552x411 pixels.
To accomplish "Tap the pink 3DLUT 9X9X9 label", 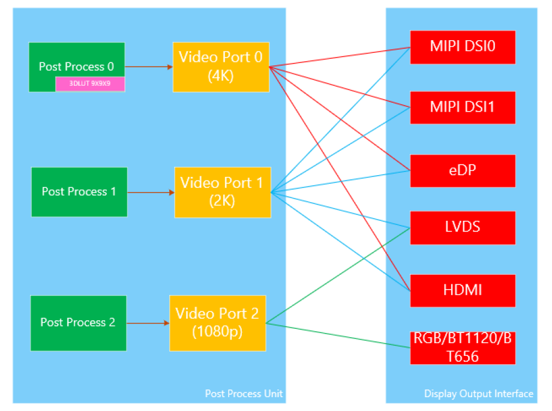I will tap(90, 84).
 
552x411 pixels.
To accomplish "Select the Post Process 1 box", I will tap(79, 191).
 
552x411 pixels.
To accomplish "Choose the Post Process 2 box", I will tap(78, 323).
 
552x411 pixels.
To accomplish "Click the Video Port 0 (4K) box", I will tap(221, 67).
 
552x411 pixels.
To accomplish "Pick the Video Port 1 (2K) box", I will tap(222, 192).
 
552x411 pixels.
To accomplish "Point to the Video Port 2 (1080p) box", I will tap(217, 323).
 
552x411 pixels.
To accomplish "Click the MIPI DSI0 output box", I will tap(463, 47).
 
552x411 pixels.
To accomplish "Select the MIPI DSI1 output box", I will tap(463, 107).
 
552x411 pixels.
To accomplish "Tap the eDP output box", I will tap(463, 170).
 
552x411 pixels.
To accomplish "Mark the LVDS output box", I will tap(463, 227).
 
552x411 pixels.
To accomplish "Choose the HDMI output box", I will tap(463, 290).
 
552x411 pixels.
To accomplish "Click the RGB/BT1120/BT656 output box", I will tap(463, 347).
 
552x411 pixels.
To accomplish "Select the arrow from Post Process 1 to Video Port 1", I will tap(151, 193).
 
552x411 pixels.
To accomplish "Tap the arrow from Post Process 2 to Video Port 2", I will tap(148, 323).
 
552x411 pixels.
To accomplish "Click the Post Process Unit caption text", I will tap(244, 394).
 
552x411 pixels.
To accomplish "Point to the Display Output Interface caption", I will tap(478, 394).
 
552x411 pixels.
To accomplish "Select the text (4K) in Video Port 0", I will tap(221, 76).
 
